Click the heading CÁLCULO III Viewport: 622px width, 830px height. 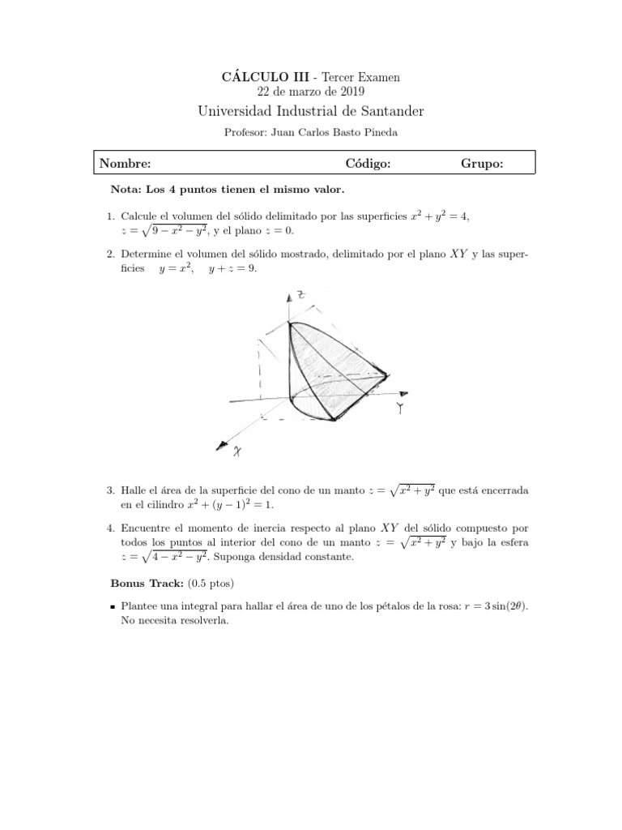coord(255,77)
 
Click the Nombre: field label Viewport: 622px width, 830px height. coord(126,164)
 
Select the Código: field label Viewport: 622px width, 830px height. coord(368,164)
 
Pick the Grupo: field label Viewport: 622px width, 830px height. coord(482,164)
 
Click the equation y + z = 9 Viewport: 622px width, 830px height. coord(232,268)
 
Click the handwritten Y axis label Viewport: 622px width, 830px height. coord(401,409)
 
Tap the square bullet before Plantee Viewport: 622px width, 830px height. coord(113,607)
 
